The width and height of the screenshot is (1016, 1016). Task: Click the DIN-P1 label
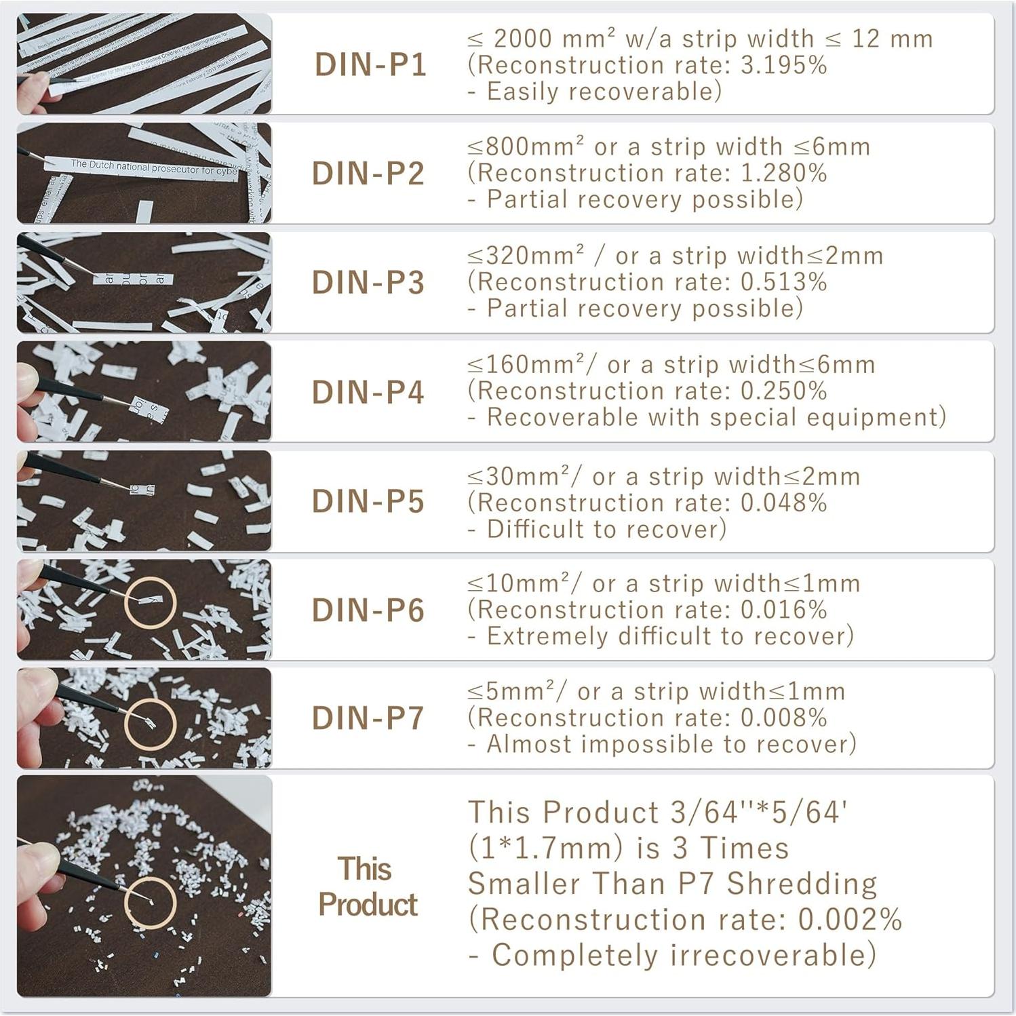pyautogui.click(x=370, y=65)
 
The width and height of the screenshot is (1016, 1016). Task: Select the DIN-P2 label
pyautogui.click(x=368, y=174)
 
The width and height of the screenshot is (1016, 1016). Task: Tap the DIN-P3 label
pyautogui.click(x=368, y=283)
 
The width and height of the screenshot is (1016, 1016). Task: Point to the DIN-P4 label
pyautogui.click(x=368, y=392)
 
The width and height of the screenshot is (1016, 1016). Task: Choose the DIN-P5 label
pyautogui.click(x=368, y=502)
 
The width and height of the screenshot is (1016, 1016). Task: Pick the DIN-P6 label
pyautogui.click(x=368, y=610)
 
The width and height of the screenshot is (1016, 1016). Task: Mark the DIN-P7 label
pyautogui.click(x=368, y=718)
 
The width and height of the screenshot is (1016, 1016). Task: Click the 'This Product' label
pyautogui.click(x=367, y=886)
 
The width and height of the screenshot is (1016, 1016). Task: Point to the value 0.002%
pyautogui.click(x=850, y=919)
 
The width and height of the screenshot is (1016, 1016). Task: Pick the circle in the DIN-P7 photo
pyautogui.click(x=150, y=724)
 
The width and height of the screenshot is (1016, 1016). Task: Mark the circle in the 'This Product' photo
pyautogui.click(x=150, y=902)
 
